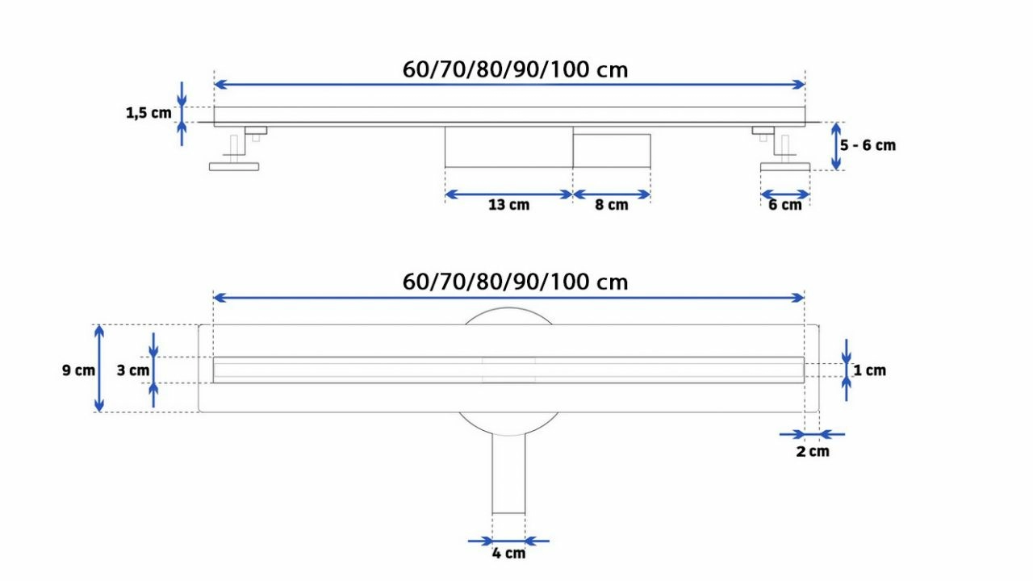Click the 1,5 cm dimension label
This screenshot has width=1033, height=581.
tap(148, 113)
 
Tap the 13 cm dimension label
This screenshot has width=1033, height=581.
tap(508, 205)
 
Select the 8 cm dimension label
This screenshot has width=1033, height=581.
tap(612, 205)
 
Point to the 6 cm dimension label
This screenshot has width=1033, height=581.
tap(785, 205)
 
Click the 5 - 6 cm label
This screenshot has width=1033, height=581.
tap(868, 145)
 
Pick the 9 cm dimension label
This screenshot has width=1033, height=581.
tap(78, 370)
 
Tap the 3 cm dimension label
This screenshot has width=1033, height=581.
tap(133, 370)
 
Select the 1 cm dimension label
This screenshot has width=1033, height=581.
tap(870, 370)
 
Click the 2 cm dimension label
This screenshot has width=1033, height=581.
tap(813, 451)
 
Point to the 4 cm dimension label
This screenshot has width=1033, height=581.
tap(508, 553)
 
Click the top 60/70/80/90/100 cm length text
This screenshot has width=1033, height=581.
tap(515, 70)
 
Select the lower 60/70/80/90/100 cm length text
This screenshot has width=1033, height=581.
tap(515, 282)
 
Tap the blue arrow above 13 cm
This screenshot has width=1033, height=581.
tap(508, 194)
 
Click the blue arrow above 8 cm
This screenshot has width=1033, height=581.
tap(612, 194)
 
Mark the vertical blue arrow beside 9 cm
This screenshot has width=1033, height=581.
tap(99, 369)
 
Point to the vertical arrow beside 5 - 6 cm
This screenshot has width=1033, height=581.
tap(835, 146)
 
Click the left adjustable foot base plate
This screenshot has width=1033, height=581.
tap(234, 166)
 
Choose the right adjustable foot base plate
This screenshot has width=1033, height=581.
tap(785, 166)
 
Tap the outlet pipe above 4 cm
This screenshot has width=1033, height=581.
tap(508, 474)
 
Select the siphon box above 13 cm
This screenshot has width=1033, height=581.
tap(508, 147)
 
